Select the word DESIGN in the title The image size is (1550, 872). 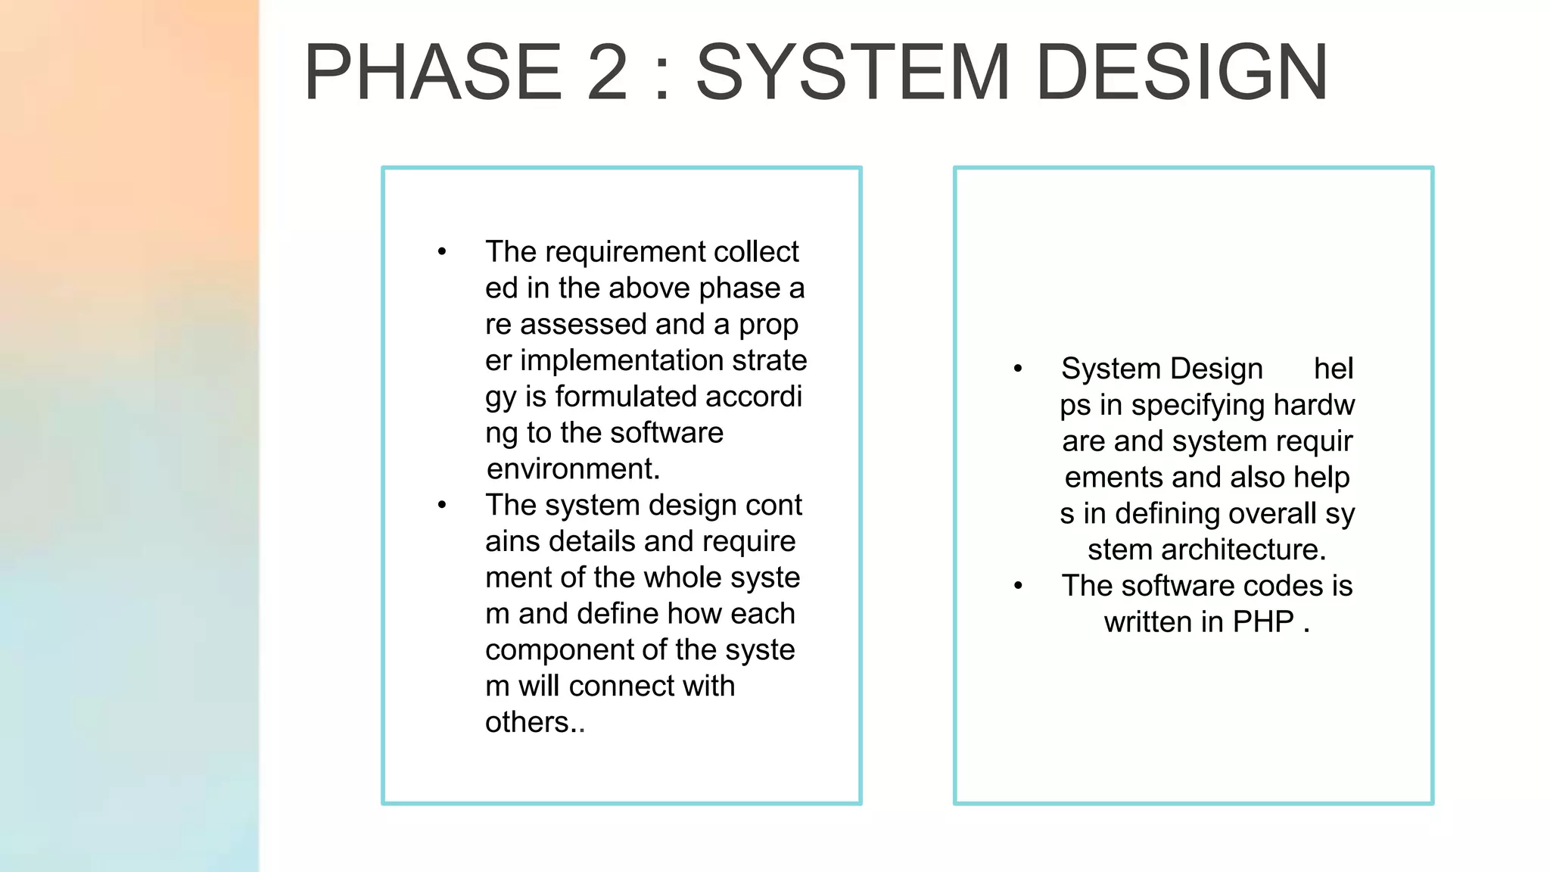(x=1181, y=73)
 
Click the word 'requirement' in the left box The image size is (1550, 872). (x=614, y=252)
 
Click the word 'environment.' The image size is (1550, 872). (x=573, y=469)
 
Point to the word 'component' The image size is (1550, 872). (x=556, y=650)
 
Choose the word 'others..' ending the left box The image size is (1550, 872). (x=535, y=722)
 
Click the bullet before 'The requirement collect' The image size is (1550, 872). (x=442, y=252)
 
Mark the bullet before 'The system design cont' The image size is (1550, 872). (x=442, y=505)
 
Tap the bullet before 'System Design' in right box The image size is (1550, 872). (x=1018, y=369)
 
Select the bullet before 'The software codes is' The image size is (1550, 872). (x=1018, y=586)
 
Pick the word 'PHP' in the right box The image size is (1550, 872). (x=1263, y=622)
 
